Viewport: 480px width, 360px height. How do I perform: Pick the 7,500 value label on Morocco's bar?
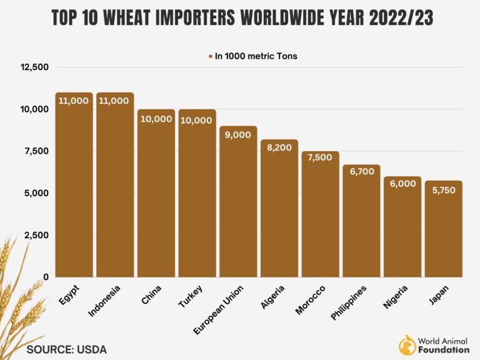tap(321, 157)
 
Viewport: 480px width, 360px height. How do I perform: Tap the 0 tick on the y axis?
tap(46, 277)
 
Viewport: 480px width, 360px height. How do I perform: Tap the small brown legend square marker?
tap(211, 56)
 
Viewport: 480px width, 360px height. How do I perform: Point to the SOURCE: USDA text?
tap(67, 349)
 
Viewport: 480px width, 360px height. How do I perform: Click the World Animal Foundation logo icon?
tap(408, 343)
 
